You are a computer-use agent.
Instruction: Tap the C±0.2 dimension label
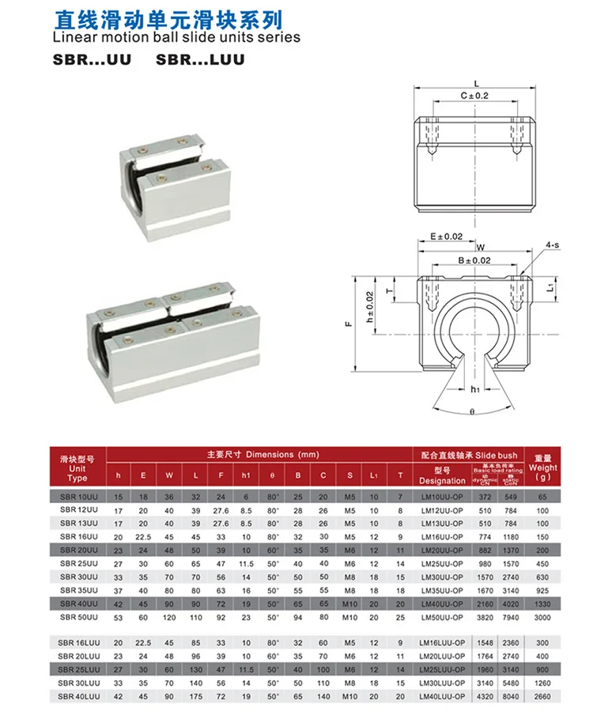pyautogui.click(x=474, y=95)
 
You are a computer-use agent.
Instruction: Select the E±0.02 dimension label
pyautogui.click(x=441, y=236)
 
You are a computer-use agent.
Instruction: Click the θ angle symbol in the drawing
pyautogui.click(x=471, y=412)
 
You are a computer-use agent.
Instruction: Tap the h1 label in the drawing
pyautogui.click(x=475, y=389)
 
